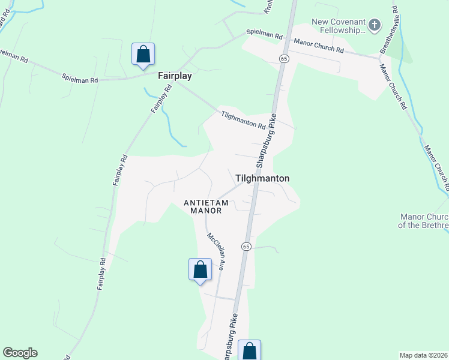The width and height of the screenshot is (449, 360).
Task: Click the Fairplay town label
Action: point(175,77)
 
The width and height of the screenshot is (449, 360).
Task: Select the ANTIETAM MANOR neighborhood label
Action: point(206,206)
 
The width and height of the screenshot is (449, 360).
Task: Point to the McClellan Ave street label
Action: point(215,252)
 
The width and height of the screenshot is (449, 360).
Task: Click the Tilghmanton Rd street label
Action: point(243,121)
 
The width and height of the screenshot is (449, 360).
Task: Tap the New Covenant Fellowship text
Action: point(339,26)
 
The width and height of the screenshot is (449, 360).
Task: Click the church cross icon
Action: point(375,25)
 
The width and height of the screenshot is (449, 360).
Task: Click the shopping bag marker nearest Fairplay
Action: point(143,54)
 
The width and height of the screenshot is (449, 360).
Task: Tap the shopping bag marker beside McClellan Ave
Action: point(200,269)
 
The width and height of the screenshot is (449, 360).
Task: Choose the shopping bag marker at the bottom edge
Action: point(249,351)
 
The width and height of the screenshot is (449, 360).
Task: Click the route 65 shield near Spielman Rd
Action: point(284,58)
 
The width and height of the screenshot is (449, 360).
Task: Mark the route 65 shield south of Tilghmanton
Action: point(246,247)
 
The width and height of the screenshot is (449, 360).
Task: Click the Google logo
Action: point(20,353)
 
